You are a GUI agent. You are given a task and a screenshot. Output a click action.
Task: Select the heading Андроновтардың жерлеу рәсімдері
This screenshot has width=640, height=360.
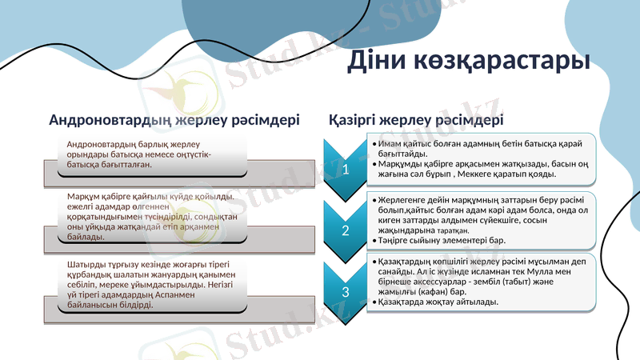click(x=174, y=120)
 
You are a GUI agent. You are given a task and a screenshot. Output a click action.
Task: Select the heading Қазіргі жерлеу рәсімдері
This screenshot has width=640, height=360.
click(x=416, y=120)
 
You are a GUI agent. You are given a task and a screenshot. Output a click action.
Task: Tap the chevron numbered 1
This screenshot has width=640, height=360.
click(x=345, y=168)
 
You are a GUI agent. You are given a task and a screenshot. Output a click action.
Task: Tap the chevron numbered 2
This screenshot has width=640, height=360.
click(x=345, y=230)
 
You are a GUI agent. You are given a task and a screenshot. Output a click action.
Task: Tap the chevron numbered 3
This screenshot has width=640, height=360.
click(x=345, y=293)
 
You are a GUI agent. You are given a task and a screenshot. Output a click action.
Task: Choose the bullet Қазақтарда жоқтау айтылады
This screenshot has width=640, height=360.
click(x=438, y=302)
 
